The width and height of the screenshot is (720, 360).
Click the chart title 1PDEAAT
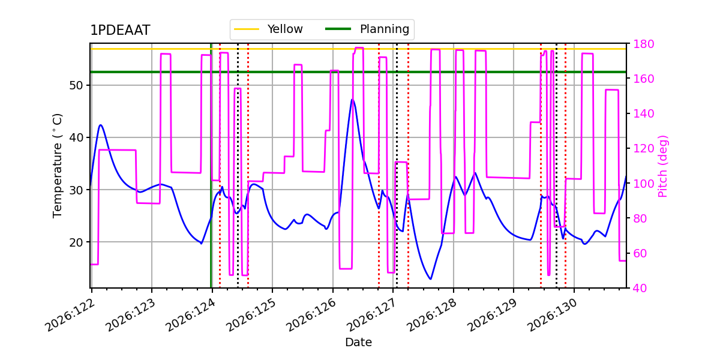pos(120,30)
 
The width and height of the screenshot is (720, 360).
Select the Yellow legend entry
pos(268,29)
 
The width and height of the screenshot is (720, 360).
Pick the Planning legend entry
pos(367,29)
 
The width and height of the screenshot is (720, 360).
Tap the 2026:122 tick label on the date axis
pos(70,315)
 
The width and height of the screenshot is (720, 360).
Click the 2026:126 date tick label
pos(311,315)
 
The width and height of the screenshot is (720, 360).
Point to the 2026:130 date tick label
pos(553,315)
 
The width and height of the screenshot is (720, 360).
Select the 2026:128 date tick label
pos(431,315)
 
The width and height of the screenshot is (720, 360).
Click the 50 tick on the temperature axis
pos(76,85)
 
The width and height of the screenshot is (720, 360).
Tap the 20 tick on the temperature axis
pos(76,242)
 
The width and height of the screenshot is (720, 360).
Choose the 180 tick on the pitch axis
pos(643,44)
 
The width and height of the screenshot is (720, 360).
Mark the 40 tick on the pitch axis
pos(640,288)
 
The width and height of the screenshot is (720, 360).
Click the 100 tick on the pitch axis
pos(643,184)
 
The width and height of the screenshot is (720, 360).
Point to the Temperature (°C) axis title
pos(57,166)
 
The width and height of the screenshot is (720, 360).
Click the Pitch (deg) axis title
pos(663,166)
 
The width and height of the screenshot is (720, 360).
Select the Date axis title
pos(358,343)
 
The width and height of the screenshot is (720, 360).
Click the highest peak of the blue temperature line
pos(352,100)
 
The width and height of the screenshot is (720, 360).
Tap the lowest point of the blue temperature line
pos(430,279)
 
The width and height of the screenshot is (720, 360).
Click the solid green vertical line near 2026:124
pos(211,166)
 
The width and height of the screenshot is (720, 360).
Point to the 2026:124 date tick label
pos(191,315)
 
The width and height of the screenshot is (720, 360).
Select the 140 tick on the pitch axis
pos(643,114)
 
